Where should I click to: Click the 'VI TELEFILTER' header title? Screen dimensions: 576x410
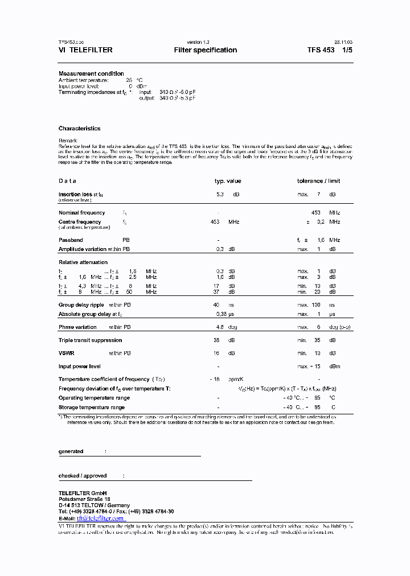[x=85, y=50]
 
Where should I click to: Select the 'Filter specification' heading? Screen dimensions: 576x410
[x=206, y=50]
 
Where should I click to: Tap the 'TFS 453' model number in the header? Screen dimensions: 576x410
[x=321, y=50]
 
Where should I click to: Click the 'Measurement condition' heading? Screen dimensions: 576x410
[x=91, y=74]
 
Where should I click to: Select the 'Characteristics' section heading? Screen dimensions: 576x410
[x=79, y=129]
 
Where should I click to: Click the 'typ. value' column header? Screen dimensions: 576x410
[x=228, y=181]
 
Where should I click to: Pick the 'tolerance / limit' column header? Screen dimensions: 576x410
[x=318, y=181]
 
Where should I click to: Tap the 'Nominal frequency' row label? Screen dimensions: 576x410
[x=81, y=213]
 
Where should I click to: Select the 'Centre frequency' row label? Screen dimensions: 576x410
[x=80, y=222]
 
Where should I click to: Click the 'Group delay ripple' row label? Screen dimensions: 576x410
[x=81, y=305]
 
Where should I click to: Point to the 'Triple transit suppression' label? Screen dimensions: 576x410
[x=90, y=340]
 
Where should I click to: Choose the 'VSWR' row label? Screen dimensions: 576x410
[x=66, y=353]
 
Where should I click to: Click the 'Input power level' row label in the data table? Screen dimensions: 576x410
[x=80, y=367]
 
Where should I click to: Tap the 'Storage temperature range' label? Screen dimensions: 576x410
[x=91, y=408]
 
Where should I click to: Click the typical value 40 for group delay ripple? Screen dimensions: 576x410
[x=216, y=305]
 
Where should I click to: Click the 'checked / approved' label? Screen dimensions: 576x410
[x=83, y=476]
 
